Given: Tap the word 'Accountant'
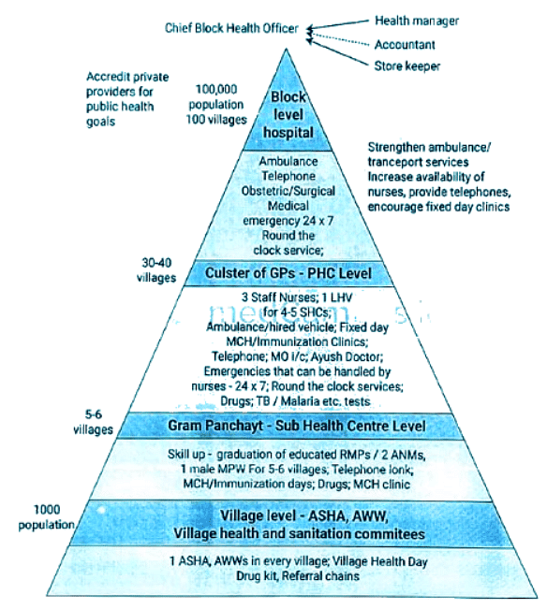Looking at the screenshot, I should point(405,44).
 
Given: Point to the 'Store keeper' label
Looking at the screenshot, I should point(407,65).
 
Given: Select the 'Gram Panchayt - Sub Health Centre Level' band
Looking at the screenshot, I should point(283,427).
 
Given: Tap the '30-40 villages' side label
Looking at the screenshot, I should point(155,269).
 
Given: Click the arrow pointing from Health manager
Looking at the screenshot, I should point(337,23).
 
